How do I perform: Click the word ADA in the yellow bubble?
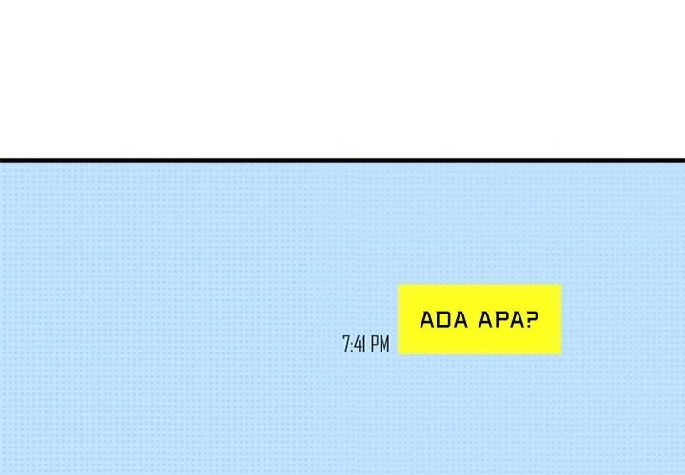[x=444, y=320]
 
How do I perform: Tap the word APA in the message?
[x=500, y=320]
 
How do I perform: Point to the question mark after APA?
[x=531, y=319]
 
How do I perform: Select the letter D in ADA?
[x=444, y=320]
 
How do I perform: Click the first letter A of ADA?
[x=427, y=320]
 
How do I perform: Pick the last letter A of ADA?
[x=460, y=320]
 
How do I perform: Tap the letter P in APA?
[x=500, y=320]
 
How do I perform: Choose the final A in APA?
[x=515, y=320]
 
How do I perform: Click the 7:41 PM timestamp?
[x=366, y=344]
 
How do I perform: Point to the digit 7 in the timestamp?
[x=346, y=344]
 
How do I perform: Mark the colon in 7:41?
[x=351, y=346]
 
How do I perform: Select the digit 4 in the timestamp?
[x=357, y=344]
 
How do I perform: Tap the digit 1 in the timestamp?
[x=363, y=344]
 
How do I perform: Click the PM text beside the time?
[x=380, y=344]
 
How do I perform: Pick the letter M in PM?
[x=384, y=344]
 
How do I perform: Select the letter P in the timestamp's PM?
[x=375, y=344]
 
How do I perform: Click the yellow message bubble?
[x=480, y=320]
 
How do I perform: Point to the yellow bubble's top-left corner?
[x=398, y=285]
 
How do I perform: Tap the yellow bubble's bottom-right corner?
[x=562, y=354]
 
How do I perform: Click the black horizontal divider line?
[x=342, y=161]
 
